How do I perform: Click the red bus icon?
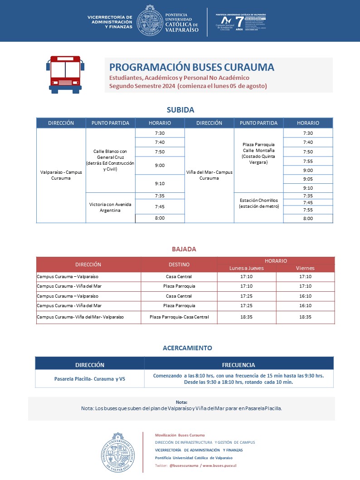[x=65, y=75]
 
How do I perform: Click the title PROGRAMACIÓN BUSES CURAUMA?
[x=192, y=67]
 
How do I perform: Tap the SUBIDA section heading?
[x=180, y=110]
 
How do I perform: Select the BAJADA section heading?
[x=184, y=249]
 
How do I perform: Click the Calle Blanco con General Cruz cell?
[x=111, y=160]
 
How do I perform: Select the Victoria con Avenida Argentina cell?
[x=111, y=207]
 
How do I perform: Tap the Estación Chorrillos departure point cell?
[x=258, y=203]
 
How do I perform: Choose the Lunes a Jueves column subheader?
[x=247, y=268]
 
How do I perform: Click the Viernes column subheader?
[x=305, y=268]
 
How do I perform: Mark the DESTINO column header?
[x=179, y=264]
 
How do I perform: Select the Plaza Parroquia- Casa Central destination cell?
[x=179, y=317]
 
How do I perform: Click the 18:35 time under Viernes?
[x=305, y=317]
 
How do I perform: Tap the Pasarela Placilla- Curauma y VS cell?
[x=89, y=379]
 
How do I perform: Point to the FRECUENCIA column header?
[x=238, y=365]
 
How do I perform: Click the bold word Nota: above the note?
[x=181, y=402]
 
